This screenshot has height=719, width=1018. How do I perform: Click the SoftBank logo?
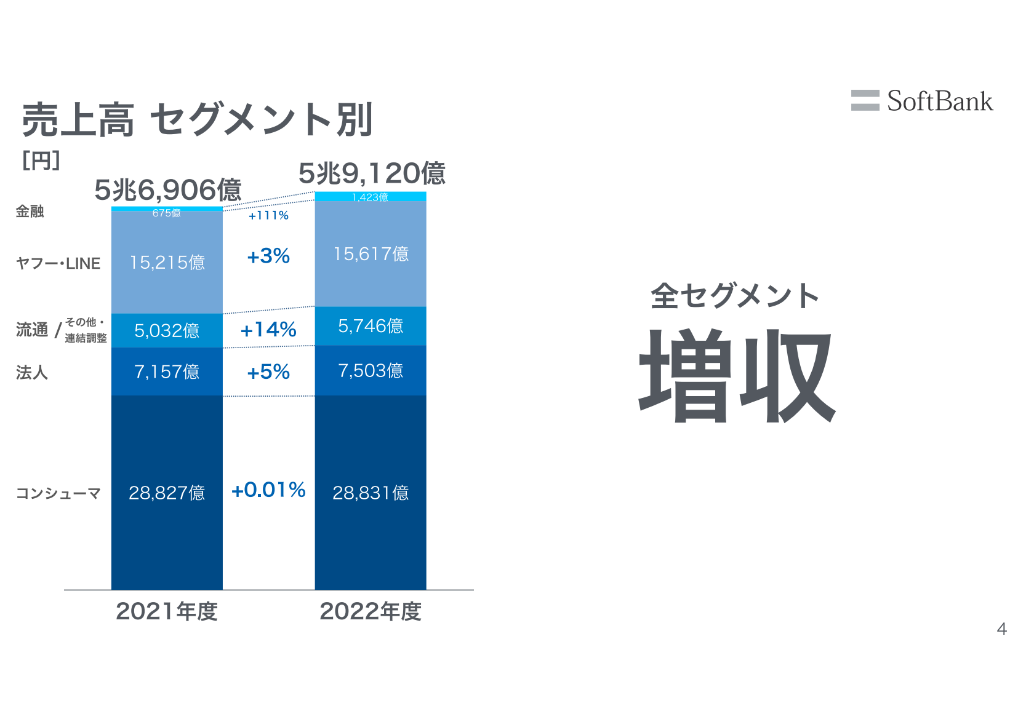point(921,101)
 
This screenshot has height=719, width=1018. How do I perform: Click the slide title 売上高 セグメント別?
point(198,119)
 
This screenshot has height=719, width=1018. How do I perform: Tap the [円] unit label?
point(41,161)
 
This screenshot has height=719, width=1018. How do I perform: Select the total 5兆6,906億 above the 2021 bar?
point(167,189)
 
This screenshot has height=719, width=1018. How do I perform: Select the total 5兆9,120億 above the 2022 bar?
point(372,173)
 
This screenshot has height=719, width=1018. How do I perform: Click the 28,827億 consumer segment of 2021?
point(167,493)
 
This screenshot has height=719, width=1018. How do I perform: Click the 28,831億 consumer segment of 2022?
point(371,493)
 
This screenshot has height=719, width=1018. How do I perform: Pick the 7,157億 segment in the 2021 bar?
point(167,371)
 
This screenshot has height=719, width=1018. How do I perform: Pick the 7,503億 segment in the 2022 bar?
point(371,370)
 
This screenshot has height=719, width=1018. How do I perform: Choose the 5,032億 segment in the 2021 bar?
point(167,331)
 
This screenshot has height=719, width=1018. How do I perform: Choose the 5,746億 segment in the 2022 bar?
point(371,326)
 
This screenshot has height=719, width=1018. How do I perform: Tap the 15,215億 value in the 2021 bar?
point(167,263)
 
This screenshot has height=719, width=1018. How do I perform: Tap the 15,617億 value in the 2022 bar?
point(371,254)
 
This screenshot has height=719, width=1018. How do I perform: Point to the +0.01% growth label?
point(268,490)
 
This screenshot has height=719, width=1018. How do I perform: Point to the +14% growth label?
point(268,330)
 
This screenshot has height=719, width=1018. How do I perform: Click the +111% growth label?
point(268,215)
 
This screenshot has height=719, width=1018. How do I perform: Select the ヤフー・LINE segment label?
point(58,263)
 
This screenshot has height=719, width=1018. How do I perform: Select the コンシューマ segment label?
point(58,493)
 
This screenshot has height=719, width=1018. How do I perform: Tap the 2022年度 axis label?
point(371,611)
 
